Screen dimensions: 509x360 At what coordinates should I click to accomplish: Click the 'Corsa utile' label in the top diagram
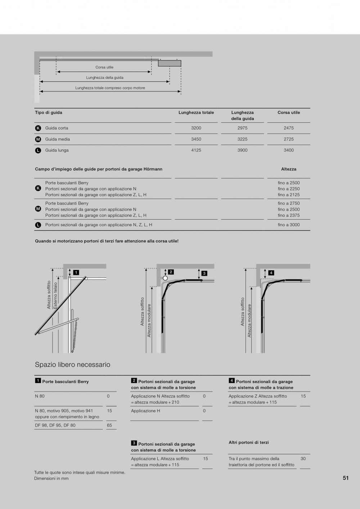point(104,67)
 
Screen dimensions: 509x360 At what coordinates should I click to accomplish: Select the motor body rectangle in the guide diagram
point(170,63)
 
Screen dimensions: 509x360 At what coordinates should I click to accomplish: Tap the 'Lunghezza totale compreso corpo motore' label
point(110,88)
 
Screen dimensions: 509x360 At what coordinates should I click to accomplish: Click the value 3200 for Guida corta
point(196,128)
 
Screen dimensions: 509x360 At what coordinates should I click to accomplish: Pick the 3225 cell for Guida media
point(242,139)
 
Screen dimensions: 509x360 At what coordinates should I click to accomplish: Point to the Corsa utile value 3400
point(289,150)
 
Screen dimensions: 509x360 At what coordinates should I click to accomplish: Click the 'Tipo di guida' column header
point(49,113)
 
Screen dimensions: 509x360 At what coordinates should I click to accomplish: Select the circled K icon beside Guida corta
point(38,128)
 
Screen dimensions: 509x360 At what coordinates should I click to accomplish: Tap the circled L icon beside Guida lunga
point(38,150)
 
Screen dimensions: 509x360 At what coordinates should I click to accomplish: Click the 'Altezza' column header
point(289,169)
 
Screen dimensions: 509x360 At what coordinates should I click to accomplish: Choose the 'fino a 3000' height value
point(289,225)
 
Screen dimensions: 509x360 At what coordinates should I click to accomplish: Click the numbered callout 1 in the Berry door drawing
point(76,272)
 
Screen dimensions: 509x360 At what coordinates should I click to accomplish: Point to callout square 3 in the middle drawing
point(204,273)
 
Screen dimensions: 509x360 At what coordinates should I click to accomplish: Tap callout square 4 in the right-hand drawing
point(271,273)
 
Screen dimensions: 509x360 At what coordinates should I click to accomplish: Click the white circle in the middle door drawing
point(165,278)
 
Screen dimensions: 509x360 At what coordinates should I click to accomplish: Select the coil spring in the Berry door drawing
point(75,333)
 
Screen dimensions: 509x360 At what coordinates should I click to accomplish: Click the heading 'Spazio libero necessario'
point(73,365)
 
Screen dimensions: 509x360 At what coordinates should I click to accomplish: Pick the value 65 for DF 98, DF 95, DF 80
point(109,425)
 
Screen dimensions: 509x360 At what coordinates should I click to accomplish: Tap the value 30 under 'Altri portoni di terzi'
point(303,459)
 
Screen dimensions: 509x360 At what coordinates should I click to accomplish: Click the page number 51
point(346,478)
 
